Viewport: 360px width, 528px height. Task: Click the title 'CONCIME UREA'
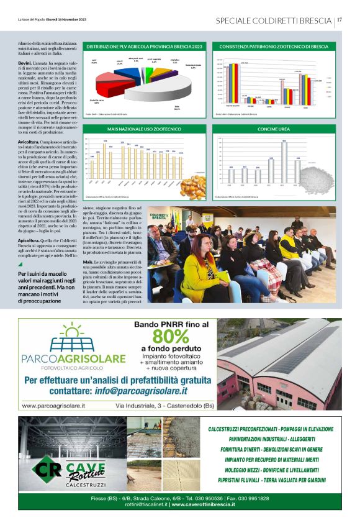tap(274, 129)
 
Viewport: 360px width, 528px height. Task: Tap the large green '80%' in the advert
tap(166, 337)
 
